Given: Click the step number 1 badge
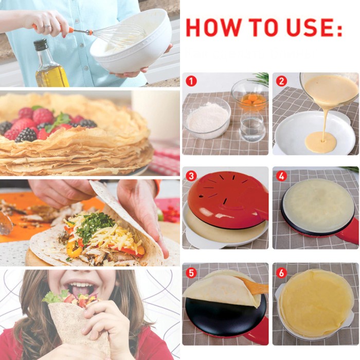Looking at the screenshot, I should (x=191, y=81).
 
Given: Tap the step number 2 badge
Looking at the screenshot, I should (x=281, y=81).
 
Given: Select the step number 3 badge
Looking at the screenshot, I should (x=191, y=176).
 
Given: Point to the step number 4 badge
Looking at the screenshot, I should (x=281, y=176).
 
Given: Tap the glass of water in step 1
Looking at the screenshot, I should (x=253, y=127).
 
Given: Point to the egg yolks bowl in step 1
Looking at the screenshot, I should (x=249, y=95).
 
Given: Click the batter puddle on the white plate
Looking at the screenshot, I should (x=320, y=142).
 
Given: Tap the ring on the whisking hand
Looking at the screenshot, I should (x=47, y=26).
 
